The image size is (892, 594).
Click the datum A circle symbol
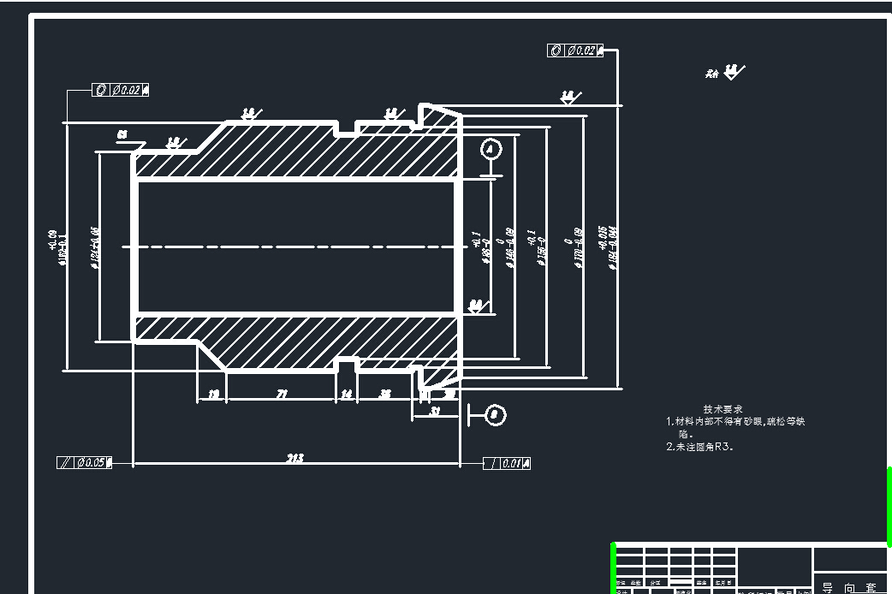point(491,148)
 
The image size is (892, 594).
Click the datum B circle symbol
point(495,415)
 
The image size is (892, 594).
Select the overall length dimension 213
point(294,458)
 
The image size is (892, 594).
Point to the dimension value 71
point(281,394)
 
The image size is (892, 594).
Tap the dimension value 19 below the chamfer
point(213,394)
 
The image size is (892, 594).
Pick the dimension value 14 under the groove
point(347,394)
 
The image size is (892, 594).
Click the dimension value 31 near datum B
point(436,411)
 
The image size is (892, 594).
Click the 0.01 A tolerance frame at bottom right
point(507,463)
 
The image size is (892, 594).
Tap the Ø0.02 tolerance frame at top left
point(121,90)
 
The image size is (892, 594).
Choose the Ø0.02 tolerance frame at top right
point(574,50)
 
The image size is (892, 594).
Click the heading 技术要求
point(723,409)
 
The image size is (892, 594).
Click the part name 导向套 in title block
point(849,587)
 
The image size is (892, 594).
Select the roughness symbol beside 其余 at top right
point(733,72)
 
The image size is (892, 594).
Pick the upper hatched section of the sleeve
point(300,151)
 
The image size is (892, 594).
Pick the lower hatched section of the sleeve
point(300,342)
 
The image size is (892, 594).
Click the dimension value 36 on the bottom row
point(386,394)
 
